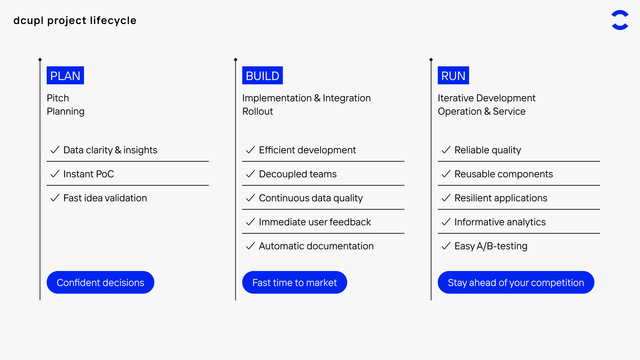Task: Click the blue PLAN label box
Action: click(x=65, y=75)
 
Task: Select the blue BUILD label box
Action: click(x=262, y=75)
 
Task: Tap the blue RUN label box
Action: click(x=453, y=75)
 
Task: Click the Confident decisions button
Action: click(x=100, y=282)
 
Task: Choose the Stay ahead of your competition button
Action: click(x=516, y=282)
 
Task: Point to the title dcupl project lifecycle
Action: click(x=75, y=21)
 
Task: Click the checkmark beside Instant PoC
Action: click(x=55, y=174)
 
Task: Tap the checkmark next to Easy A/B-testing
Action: click(x=446, y=246)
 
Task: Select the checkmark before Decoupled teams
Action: click(x=250, y=174)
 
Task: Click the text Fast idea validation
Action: click(x=105, y=198)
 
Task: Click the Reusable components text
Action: click(x=504, y=174)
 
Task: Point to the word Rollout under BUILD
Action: click(x=258, y=111)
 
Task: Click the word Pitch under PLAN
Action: click(x=58, y=98)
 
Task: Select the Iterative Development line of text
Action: click(x=487, y=98)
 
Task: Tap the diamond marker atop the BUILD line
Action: click(x=236, y=60)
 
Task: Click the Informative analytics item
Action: click(x=500, y=222)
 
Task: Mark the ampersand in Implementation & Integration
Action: click(x=317, y=98)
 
